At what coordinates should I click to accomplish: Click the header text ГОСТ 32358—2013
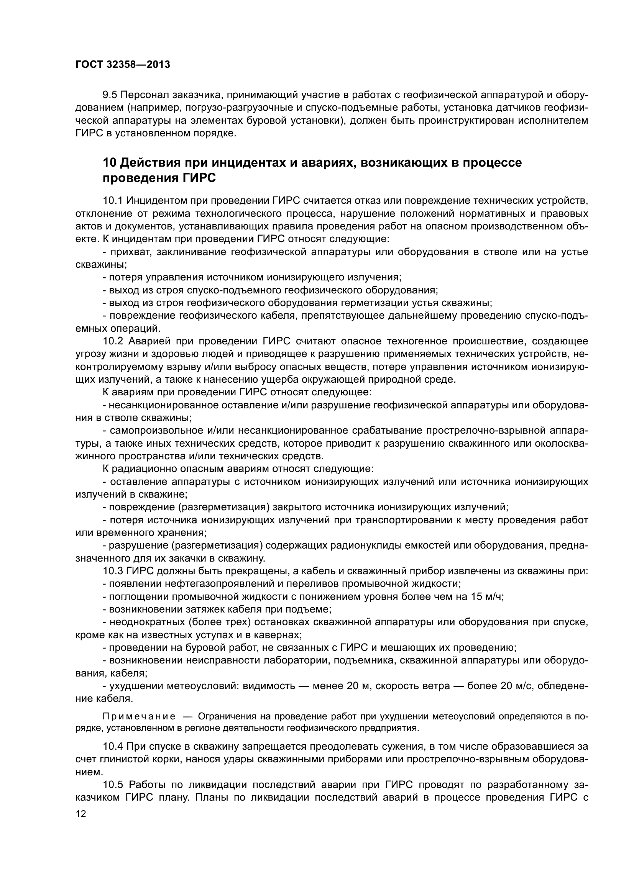tap(123, 65)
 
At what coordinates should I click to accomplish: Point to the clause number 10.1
tap(112, 201)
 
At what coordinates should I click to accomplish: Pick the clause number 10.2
tap(113, 341)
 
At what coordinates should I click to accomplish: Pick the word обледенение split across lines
tap(563, 686)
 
